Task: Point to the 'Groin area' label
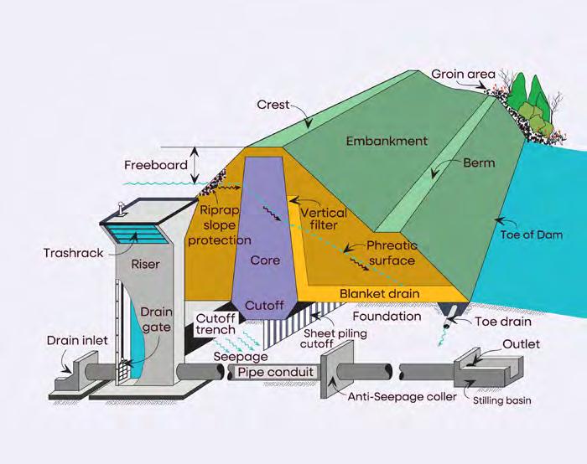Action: (x=460, y=73)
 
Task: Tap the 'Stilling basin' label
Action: (x=501, y=400)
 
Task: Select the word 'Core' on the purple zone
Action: (x=265, y=261)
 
